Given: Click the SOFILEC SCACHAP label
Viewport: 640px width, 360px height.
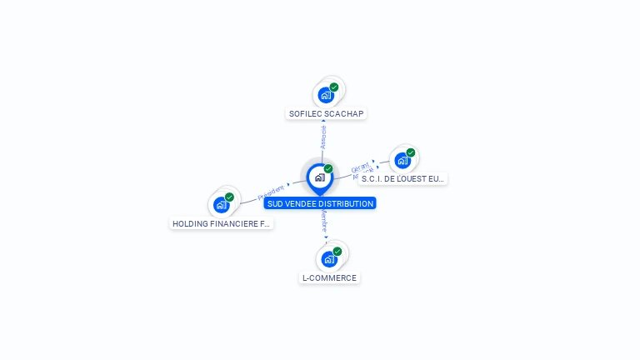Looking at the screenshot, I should [326, 113].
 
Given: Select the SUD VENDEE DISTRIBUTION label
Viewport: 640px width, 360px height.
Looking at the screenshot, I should [320, 203].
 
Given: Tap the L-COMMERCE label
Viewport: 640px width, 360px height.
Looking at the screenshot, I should [329, 278].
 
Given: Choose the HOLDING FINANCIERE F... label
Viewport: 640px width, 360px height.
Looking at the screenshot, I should [221, 223].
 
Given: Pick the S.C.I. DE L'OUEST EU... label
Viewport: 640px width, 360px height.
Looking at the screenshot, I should [403, 178].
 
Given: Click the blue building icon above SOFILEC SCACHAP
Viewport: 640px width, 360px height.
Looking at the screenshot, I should [326, 95].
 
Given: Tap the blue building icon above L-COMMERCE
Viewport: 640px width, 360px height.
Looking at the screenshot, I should [329, 259].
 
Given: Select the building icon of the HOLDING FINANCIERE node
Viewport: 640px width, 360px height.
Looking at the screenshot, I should [221, 205].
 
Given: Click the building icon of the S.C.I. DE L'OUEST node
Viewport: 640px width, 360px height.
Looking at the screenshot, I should [402, 160].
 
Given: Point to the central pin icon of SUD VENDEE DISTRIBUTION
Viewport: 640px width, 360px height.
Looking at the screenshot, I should [319, 177].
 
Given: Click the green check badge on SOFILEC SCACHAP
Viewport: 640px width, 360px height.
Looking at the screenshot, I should [334, 87].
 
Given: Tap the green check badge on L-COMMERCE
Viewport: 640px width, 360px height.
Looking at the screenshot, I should [337, 251].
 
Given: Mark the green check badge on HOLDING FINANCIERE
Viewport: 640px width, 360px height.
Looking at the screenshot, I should [229, 197].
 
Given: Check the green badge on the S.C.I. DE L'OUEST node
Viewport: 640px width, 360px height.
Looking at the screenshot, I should [411, 152].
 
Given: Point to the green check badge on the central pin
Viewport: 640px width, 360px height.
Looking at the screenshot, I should [328, 169].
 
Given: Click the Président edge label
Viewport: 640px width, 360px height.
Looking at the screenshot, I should [272, 192].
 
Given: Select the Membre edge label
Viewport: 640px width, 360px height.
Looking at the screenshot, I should [325, 222].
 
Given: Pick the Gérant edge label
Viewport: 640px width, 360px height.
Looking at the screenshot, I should [361, 167].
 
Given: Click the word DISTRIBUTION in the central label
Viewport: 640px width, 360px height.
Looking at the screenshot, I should [346, 203].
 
